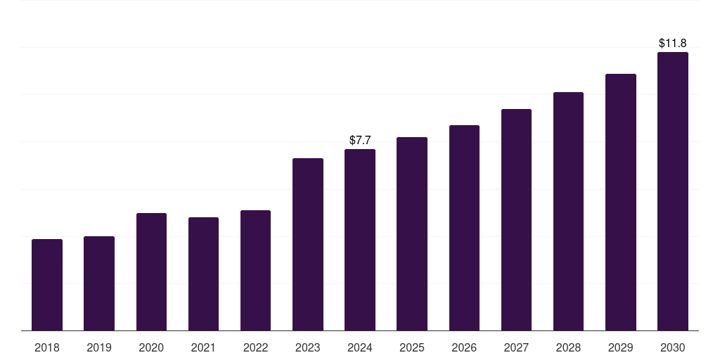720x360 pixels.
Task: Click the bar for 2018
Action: coord(47,285)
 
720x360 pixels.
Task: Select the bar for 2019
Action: coord(99,283)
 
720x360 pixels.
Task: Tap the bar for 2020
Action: coord(152,272)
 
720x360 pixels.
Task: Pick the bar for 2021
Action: coord(203,274)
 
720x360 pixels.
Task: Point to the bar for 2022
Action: coord(255,271)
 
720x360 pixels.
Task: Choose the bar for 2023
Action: coord(308,244)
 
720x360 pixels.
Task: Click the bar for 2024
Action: coord(360,240)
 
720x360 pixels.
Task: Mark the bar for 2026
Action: coord(464,228)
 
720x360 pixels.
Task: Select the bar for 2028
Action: coord(568,211)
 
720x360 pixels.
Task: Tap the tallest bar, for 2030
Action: coord(673,191)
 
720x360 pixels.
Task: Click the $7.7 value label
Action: coord(360,140)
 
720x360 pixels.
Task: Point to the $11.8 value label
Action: coord(673,43)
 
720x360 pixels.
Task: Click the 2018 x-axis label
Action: coord(47,347)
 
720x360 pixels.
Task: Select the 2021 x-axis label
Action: coord(203,347)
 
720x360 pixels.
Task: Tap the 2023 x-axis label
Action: coord(308,347)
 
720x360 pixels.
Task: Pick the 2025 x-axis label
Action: coord(412,347)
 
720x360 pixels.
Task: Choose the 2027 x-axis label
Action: coord(516,347)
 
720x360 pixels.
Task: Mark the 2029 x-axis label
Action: coord(620,347)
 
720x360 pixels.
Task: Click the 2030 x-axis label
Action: coord(673,347)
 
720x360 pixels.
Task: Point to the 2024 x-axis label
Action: coord(360,347)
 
